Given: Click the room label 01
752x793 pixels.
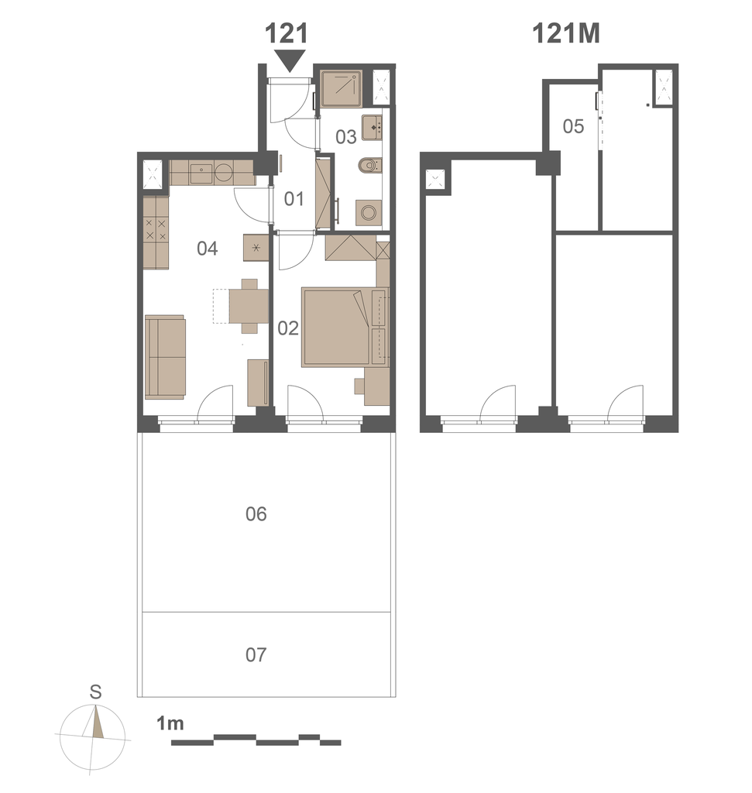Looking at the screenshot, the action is (x=294, y=199).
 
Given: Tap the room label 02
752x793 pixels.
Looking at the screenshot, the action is (x=288, y=328).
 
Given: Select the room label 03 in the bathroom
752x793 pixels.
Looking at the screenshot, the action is (x=346, y=136).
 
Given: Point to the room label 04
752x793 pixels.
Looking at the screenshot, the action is (x=208, y=249).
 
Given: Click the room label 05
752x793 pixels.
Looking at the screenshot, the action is (x=573, y=126).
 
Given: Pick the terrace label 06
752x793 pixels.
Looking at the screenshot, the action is (x=256, y=514).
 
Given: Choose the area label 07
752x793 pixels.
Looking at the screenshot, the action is (x=256, y=655).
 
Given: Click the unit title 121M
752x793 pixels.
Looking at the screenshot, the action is (x=566, y=34).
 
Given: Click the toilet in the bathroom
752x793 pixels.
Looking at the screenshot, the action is (x=369, y=165).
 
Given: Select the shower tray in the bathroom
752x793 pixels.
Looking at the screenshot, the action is (x=342, y=88).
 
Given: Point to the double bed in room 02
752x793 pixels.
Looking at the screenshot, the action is (x=345, y=327).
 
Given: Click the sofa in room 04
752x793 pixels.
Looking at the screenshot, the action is (x=166, y=357).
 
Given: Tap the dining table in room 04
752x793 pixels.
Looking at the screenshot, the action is (x=249, y=306).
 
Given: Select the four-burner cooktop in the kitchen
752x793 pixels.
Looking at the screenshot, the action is (x=156, y=229).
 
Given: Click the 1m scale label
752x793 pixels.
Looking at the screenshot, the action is (x=170, y=723).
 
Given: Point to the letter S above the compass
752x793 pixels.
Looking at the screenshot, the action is (x=95, y=692).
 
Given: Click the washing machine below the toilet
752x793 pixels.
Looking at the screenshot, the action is (x=368, y=212).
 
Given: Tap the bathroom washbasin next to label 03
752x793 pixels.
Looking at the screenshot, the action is (x=372, y=128).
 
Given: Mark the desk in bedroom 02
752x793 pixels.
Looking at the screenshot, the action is (x=376, y=386).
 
